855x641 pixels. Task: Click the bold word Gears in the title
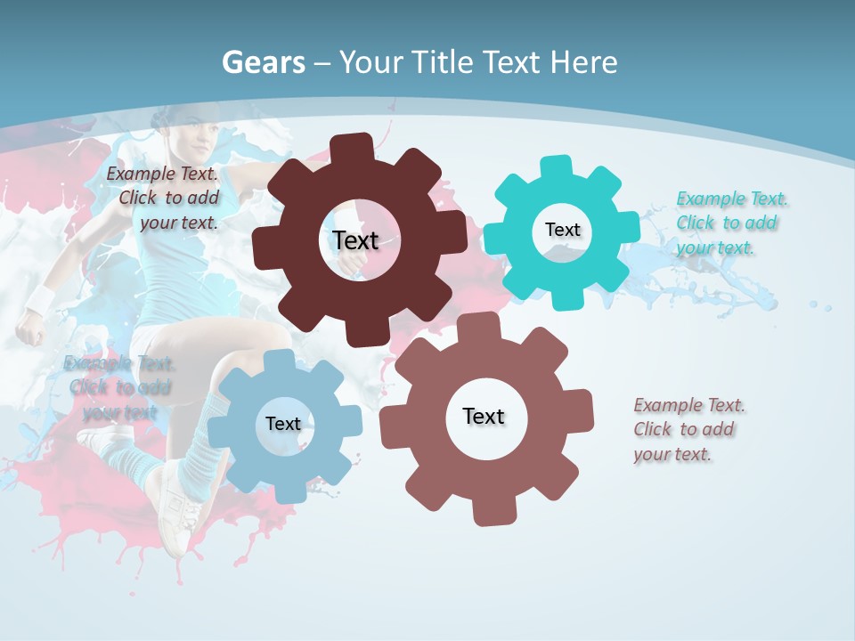(263, 62)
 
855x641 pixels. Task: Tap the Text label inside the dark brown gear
(355, 240)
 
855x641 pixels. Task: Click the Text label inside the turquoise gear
(562, 230)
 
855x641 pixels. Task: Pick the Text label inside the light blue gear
(282, 424)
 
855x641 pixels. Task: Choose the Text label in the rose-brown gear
(483, 416)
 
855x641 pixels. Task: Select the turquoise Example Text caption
(731, 223)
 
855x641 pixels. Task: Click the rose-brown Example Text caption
(688, 429)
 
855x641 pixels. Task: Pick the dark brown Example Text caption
(166, 198)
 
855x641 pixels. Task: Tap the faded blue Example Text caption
(119, 387)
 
